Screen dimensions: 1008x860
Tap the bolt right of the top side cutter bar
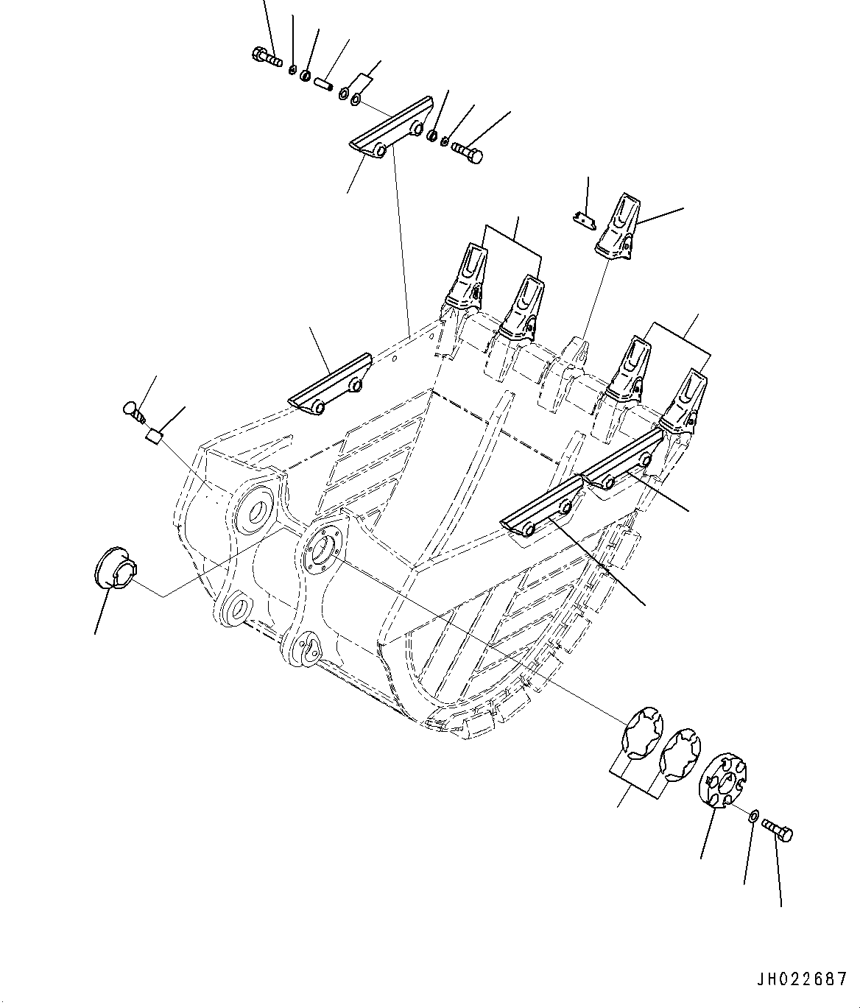point(466,152)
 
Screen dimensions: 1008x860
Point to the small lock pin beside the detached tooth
point(583,219)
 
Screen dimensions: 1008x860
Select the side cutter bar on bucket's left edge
point(331,384)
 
